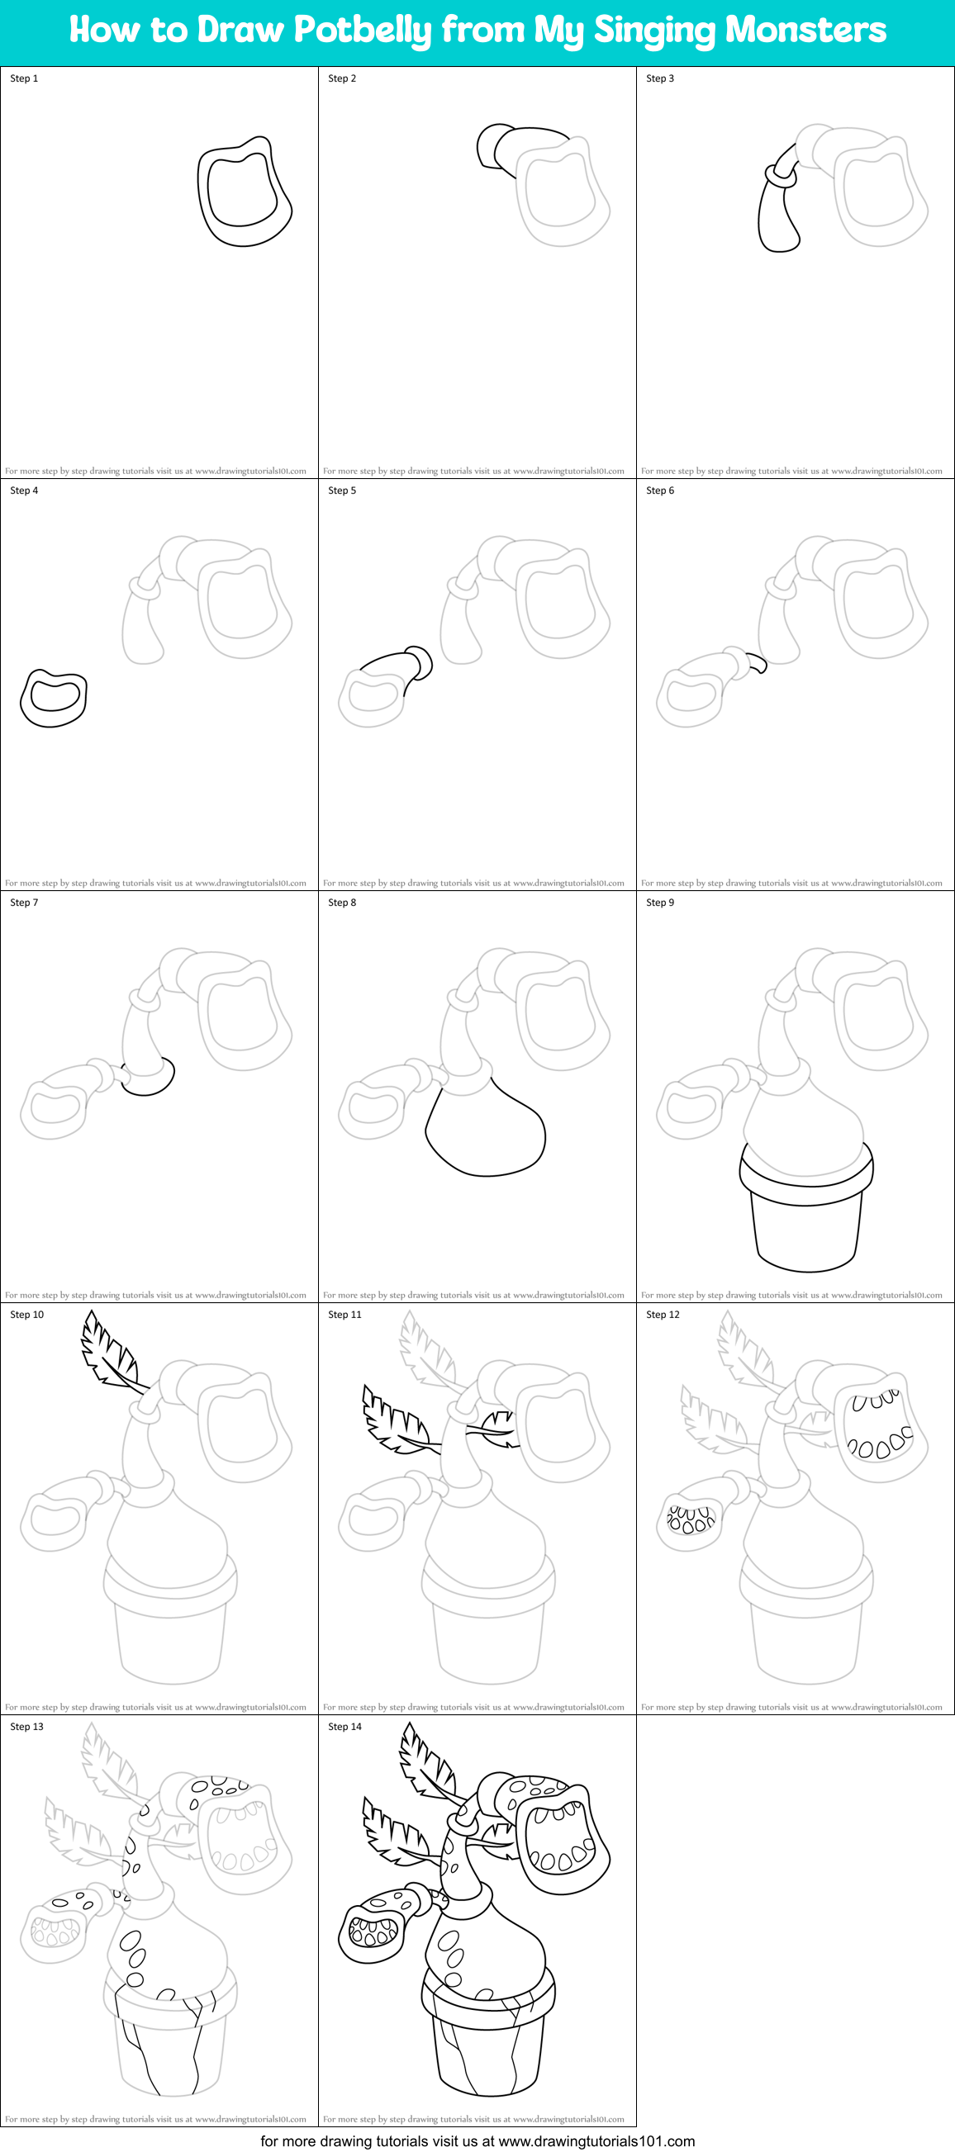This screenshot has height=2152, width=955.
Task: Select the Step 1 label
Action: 24,78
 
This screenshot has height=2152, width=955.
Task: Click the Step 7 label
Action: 24,903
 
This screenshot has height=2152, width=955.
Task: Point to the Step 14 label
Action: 344,1726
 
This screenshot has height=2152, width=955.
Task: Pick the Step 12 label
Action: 663,1314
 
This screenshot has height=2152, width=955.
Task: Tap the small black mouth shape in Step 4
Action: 54,698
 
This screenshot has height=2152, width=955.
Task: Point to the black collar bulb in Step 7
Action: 149,1077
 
